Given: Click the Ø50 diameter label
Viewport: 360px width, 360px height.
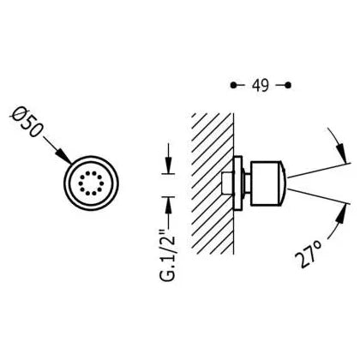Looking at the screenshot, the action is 27,123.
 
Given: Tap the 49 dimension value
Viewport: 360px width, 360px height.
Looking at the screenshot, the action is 261,85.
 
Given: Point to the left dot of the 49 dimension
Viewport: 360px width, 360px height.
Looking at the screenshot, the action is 233,85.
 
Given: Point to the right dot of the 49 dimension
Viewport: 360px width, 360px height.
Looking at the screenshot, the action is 288,85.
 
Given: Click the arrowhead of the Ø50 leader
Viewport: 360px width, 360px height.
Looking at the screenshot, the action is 65,156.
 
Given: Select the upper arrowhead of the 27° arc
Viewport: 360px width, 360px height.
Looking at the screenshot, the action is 342,153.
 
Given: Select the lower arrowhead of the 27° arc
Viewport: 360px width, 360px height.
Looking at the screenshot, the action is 341,213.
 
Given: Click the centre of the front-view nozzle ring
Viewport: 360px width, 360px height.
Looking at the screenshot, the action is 91,183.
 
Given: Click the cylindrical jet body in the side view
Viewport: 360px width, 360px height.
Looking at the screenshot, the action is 265,183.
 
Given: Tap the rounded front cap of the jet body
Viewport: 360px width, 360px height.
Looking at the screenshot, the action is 282,183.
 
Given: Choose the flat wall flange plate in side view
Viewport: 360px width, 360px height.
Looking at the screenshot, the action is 237,183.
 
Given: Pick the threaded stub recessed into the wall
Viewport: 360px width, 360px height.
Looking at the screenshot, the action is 228,183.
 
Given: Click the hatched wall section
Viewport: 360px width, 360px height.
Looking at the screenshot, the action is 213,183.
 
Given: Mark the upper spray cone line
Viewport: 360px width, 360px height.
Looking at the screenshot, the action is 319,171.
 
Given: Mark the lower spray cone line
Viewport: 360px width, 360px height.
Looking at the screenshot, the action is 319,196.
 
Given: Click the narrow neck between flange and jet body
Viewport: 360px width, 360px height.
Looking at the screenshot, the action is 246,183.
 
